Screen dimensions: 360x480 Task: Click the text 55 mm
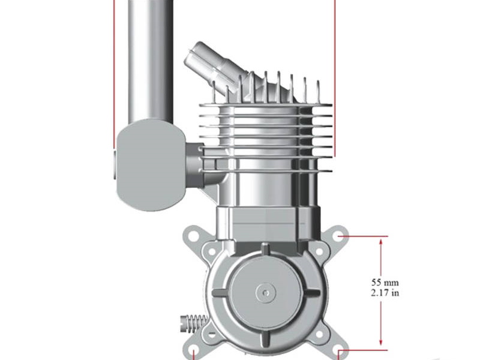385,282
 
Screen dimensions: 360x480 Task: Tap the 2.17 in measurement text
385,293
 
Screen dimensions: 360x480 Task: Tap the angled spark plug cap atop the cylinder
211,60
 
